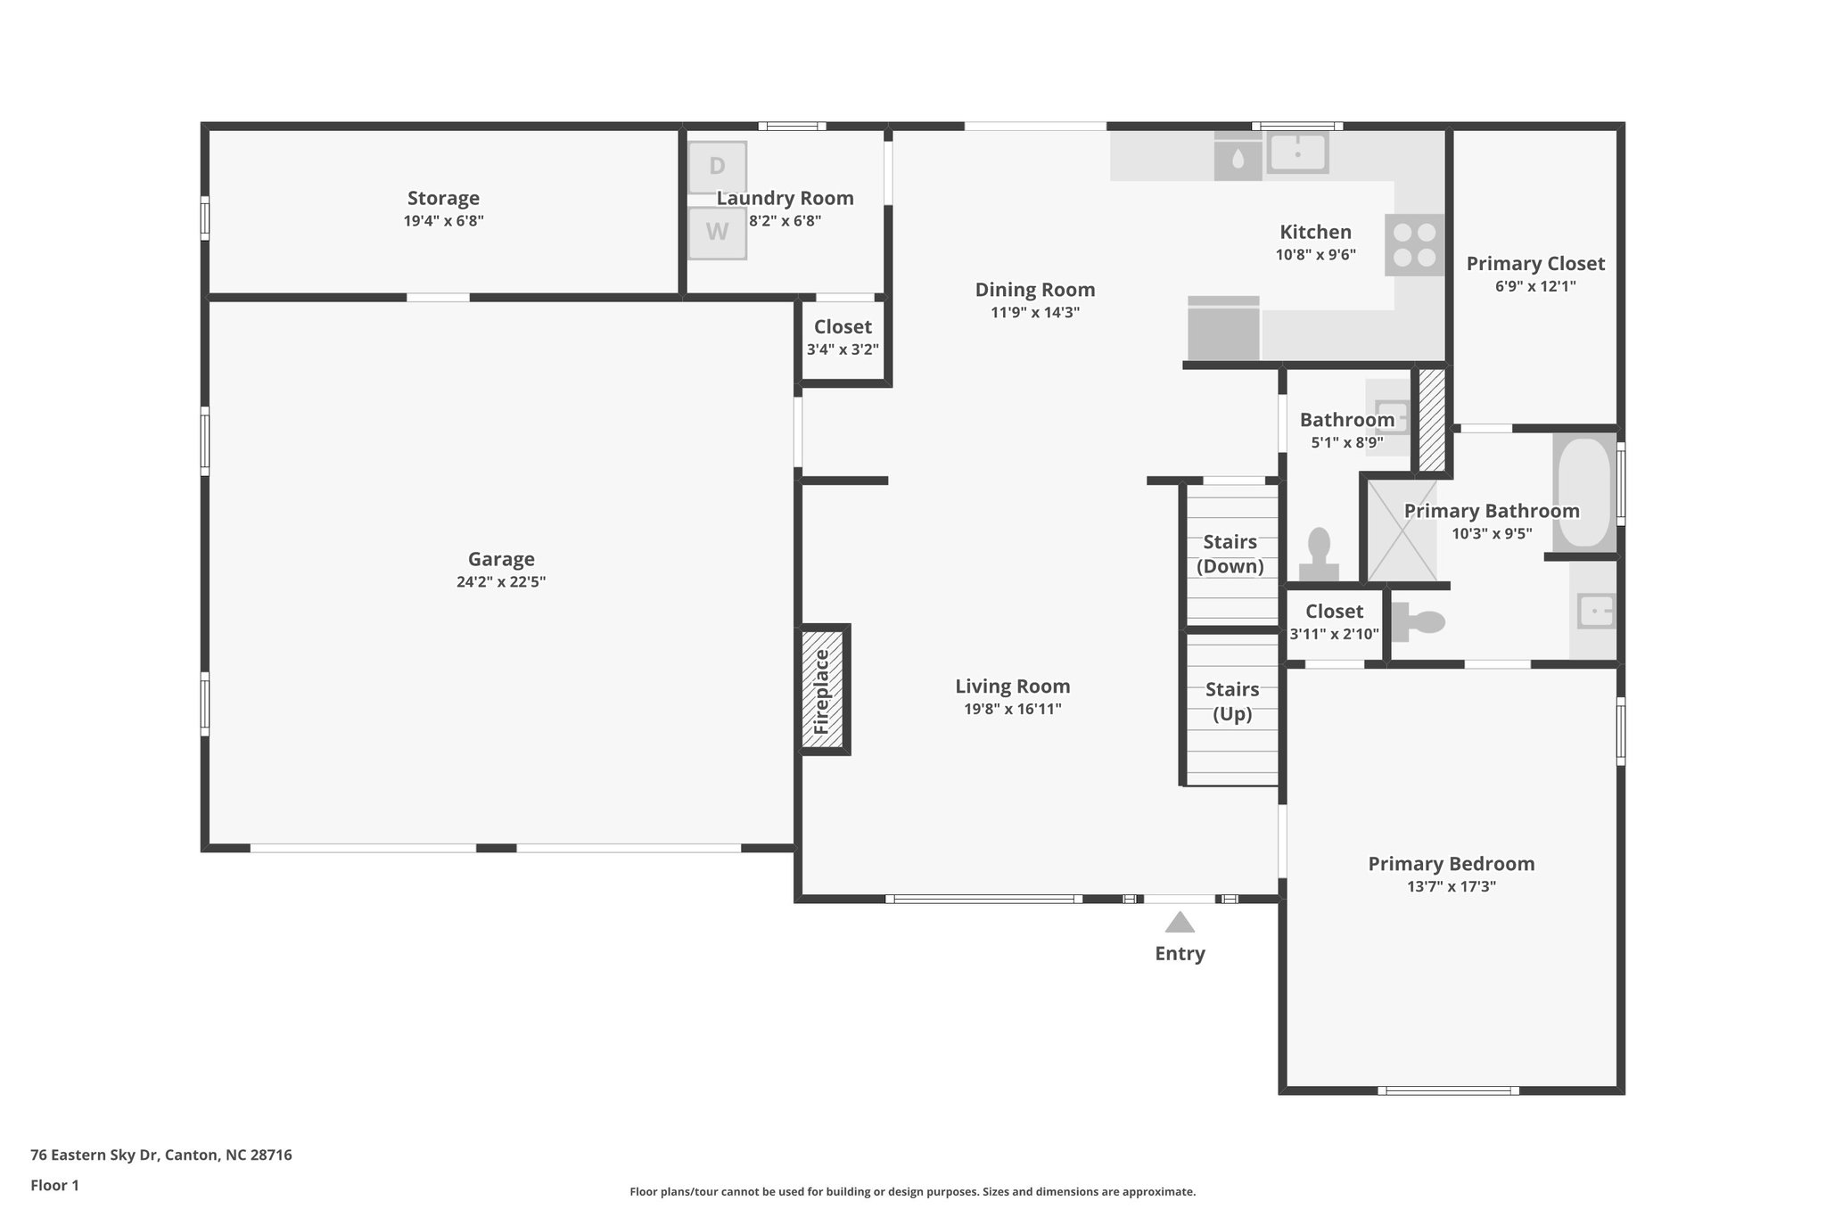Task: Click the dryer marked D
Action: (x=717, y=167)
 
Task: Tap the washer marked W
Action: (x=717, y=233)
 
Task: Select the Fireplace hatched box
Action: (x=821, y=689)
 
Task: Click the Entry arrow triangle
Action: (x=1180, y=922)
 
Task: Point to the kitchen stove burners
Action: (x=1414, y=245)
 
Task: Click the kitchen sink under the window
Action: (x=1297, y=153)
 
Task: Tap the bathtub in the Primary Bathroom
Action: (x=1583, y=492)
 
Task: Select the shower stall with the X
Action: (x=1402, y=530)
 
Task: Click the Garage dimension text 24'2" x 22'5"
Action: (x=501, y=582)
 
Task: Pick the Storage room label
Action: (x=443, y=198)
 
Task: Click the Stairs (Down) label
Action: (x=1230, y=554)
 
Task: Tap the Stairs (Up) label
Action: (x=1232, y=701)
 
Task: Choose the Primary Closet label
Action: (x=1535, y=264)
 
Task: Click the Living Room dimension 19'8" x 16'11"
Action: (x=1013, y=710)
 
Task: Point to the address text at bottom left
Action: (x=161, y=1155)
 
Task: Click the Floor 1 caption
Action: (x=54, y=1185)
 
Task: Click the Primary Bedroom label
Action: (x=1451, y=863)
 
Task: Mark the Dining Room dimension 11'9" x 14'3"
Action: (x=1034, y=313)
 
